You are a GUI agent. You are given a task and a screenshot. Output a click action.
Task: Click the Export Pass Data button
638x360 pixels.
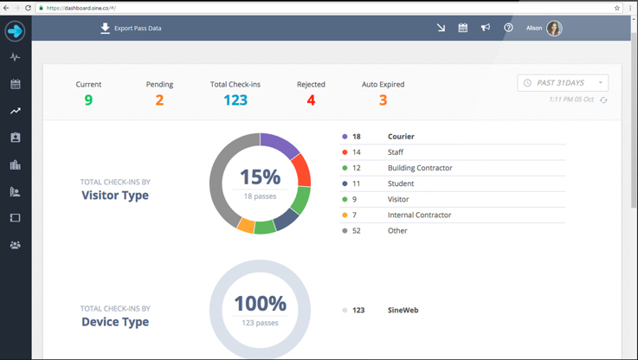coord(131,29)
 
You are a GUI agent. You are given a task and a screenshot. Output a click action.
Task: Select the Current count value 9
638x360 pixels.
coord(88,100)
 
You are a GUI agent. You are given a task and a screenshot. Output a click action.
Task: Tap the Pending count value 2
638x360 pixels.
coord(159,100)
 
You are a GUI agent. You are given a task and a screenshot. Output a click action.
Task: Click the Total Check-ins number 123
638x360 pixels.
coord(235,100)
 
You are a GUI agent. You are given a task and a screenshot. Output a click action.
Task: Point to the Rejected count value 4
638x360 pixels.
coord(311,100)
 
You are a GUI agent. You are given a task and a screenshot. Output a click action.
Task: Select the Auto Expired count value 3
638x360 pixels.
coord(383,100)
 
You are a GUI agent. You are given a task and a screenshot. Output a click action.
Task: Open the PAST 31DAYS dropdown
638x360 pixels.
coord(563,83)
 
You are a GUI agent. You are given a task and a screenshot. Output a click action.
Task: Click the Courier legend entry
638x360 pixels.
coord(400,137)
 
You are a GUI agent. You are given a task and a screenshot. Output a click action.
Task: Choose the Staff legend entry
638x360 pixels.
coord(395,152)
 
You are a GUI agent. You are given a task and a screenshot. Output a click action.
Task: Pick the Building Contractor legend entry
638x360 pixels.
coord(419,168)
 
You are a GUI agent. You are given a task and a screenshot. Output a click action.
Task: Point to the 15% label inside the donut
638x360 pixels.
coord(260,177)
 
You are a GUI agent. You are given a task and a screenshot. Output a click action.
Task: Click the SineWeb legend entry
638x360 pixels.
coord(403,310)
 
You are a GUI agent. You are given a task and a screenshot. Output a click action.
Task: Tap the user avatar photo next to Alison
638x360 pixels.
coord(554,29)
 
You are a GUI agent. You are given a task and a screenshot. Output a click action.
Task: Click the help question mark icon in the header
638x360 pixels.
coord(508,29)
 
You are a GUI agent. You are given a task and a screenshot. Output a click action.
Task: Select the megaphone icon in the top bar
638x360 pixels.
coord(486,29)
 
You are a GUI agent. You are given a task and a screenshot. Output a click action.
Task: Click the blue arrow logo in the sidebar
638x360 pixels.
coord(15,31)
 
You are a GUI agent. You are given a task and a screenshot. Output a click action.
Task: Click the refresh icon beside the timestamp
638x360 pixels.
coord(603,100)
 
